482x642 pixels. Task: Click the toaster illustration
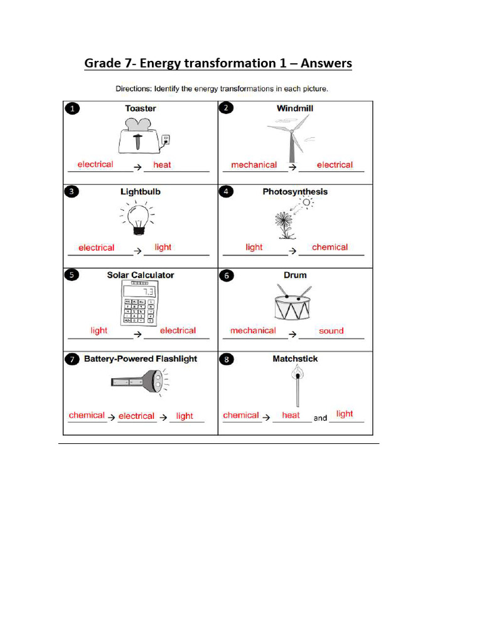141,135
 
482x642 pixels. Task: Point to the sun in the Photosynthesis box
307,203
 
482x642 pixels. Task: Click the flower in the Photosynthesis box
285,224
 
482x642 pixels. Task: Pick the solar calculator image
139,303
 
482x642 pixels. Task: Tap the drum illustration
293,303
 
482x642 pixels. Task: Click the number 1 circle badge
73,109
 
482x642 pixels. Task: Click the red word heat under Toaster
162,165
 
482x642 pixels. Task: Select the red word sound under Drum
331,331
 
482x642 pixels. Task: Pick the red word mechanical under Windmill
254,165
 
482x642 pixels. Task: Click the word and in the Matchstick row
320,418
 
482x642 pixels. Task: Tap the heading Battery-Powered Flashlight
141,359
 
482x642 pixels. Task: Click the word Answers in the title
326,63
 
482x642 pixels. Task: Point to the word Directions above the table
132,88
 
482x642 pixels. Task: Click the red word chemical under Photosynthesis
329,248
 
